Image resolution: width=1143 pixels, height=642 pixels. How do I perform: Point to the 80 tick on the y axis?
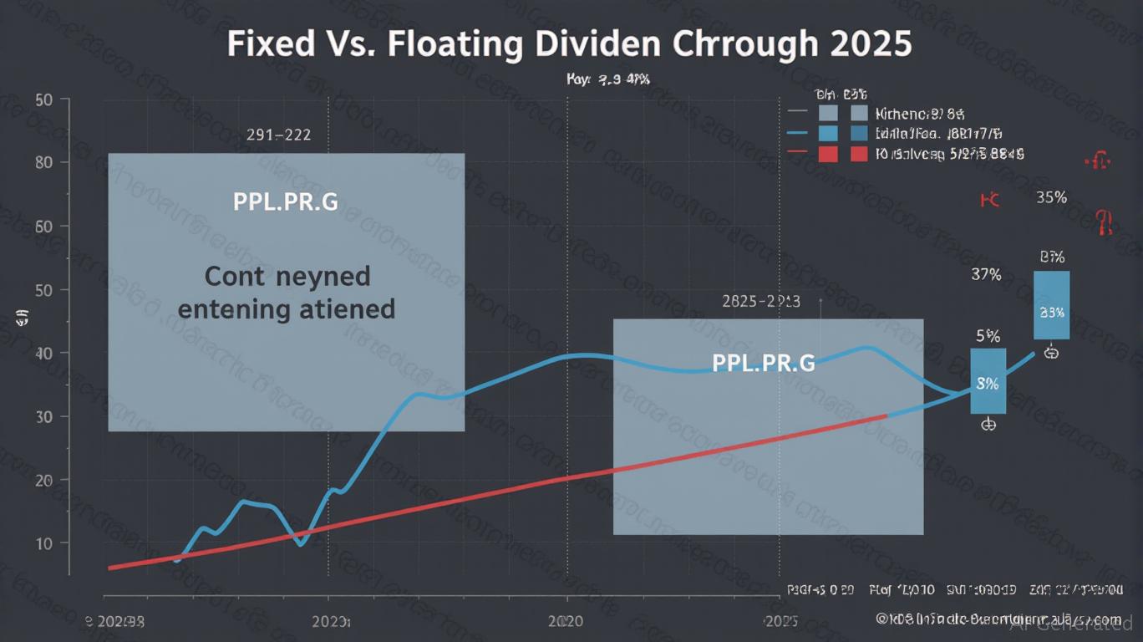[x=44, y=162]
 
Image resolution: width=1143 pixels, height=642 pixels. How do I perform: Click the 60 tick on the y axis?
[x=44, y=226]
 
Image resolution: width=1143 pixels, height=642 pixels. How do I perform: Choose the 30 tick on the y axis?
[x=44, y=416]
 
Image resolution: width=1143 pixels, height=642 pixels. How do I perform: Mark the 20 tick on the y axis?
[x=44, y=480]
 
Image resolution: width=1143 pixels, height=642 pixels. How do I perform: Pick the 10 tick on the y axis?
[x=44, y=543]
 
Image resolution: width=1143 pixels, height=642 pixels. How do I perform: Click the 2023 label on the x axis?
[x=331, y=622]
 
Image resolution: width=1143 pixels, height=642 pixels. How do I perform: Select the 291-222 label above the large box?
[x=278, y=135]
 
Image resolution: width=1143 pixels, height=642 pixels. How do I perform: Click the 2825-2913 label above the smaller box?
[x=760, y=301]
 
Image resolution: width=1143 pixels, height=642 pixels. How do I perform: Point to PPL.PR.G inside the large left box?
[x=285, y=202]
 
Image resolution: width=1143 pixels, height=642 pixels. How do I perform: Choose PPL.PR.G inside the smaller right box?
[x=763, y=364]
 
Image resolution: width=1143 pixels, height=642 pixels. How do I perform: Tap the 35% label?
[x=1051, y=198]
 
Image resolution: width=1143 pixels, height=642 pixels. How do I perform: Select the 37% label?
[x=987, y=274]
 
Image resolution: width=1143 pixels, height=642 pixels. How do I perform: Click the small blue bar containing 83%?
[x=1051, y=305]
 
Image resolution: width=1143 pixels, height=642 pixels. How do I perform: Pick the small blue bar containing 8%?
[x=988, y=381]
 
